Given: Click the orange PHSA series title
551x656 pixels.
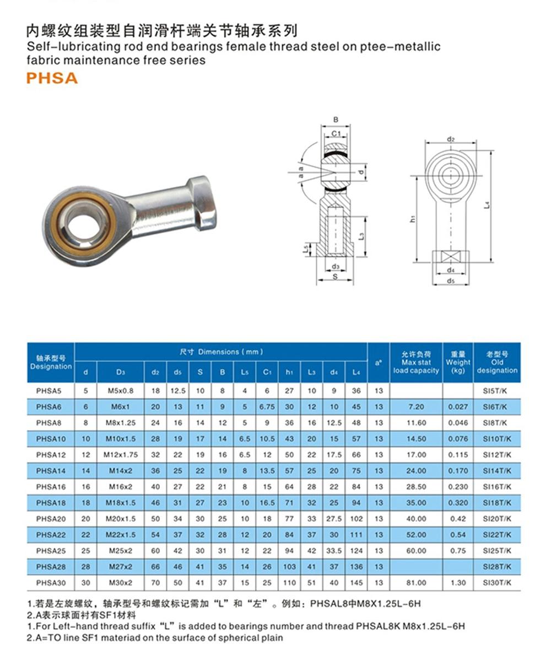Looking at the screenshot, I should click(52, 78).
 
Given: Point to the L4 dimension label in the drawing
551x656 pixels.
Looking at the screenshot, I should click(487, 205).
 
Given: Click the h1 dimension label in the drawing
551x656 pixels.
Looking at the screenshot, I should click(413, 218).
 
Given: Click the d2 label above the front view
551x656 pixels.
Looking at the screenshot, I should click(451, 139).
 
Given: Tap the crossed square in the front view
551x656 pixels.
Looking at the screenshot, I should click(451, 257).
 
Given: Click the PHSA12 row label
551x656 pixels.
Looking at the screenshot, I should click(51, 455).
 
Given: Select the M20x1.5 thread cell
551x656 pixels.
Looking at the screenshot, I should click(120, 519).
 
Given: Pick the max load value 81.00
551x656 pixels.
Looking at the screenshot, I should click(416, 583).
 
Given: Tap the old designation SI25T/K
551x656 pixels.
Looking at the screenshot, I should click(497, 551).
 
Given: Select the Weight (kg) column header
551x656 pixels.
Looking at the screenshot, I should click(458, 363).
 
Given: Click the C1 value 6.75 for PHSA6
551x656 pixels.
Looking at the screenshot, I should click(267, 407).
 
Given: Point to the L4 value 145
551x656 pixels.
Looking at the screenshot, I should click(356, 583).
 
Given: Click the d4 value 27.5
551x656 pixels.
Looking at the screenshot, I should click(334, 519).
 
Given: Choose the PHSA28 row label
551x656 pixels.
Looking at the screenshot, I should click(51, 567).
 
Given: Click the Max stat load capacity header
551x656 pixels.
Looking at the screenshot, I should click(416, 363).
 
